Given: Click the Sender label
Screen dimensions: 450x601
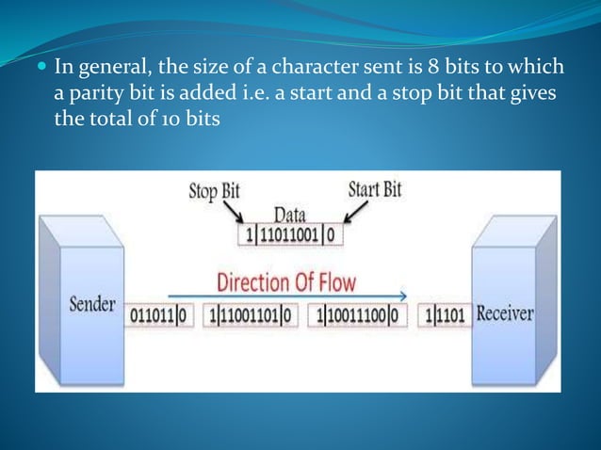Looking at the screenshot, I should [92, 307].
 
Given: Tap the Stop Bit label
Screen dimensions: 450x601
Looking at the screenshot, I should [214, 191].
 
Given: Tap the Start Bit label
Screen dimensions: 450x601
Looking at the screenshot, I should [375, 189].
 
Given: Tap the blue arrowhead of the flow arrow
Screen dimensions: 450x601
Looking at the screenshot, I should [404, 295].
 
